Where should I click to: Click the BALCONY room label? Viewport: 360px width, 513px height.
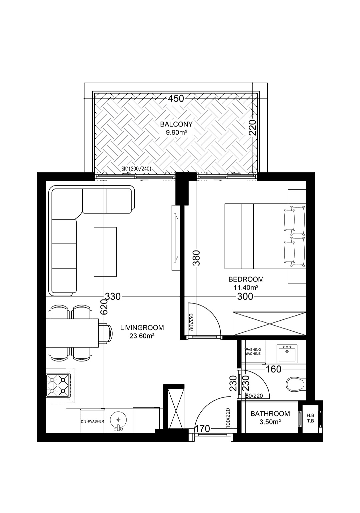[176, 124]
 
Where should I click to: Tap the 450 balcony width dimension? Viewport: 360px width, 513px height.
[176, 99]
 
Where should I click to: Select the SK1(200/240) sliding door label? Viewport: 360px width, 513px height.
[137, 169]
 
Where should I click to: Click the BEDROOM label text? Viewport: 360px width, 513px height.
[246, 279]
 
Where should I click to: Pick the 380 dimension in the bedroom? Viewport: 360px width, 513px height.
[196, 258]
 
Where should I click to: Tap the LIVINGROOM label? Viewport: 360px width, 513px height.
[142, 328]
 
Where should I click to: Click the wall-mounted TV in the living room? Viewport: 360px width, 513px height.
[176, 238]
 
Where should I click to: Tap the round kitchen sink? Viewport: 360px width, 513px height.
[118, 420]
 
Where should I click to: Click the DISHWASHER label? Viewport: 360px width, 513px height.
[92, 421]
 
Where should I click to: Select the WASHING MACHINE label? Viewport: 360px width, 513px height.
[253, 351]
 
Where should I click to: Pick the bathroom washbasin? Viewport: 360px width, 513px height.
[287, 353]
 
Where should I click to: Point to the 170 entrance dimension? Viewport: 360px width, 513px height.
[202, 428]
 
